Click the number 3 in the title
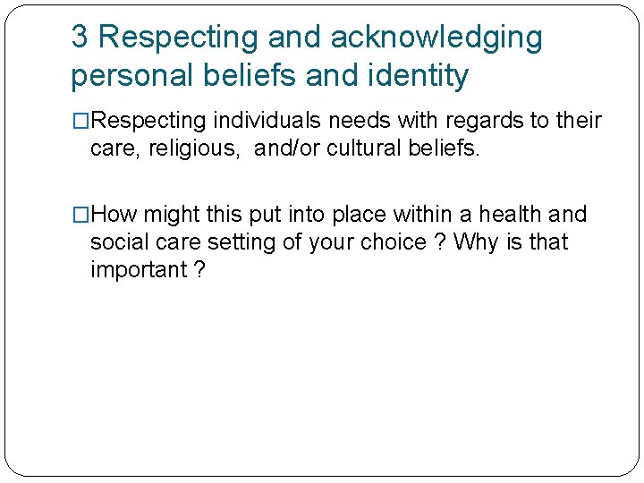[80, 38]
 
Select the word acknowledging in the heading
[436, 38]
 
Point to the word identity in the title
[420, 76]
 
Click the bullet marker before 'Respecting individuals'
[80, 121]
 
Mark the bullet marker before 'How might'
[80, 215]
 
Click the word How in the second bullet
[114, 215]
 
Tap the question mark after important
[198, 270]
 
